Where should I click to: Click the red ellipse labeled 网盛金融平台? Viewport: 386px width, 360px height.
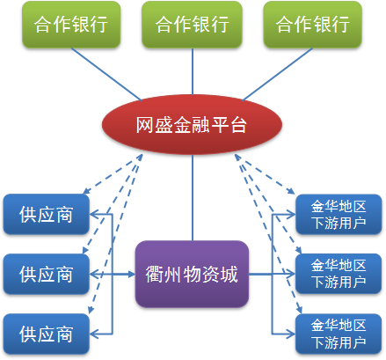click(x=192, y=124)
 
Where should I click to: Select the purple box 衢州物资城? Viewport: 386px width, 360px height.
click(x=192, y=274)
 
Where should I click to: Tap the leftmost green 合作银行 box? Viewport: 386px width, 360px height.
click(x=71, y=25)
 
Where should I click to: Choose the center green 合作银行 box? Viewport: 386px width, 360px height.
click(x=192, y=25)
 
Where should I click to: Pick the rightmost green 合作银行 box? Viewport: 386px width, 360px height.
click(x=313, y=25)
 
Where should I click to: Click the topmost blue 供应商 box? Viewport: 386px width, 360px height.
click(x=47, y=214)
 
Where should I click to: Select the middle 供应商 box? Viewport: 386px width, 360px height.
click(x=47, y=274)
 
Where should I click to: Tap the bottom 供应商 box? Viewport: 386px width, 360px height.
click(x=47, y=334)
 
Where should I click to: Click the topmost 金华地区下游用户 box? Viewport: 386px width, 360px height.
click(x=339, y=214)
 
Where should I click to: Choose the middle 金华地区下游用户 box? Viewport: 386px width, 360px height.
click(x=339, y=274)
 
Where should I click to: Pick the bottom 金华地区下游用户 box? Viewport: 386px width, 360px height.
click(x=339, y=334)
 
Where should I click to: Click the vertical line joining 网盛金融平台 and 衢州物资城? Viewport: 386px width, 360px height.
click(x=193, y=198)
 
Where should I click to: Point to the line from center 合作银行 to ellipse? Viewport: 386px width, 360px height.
click(x=193, y=71)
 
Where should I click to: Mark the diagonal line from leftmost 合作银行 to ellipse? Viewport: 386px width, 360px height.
click(x=106, y=74)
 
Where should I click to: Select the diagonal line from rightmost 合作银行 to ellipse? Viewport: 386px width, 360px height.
click(x=277, y=74)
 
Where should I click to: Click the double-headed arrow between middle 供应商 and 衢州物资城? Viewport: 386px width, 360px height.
click(x=113, y=275)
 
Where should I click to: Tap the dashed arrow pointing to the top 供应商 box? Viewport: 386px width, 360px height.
click(x=113, y=174)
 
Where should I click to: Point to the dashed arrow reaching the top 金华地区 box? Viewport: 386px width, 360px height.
click(x=265, y=174)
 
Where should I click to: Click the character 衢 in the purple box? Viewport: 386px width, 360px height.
click(x=155, y=275)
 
